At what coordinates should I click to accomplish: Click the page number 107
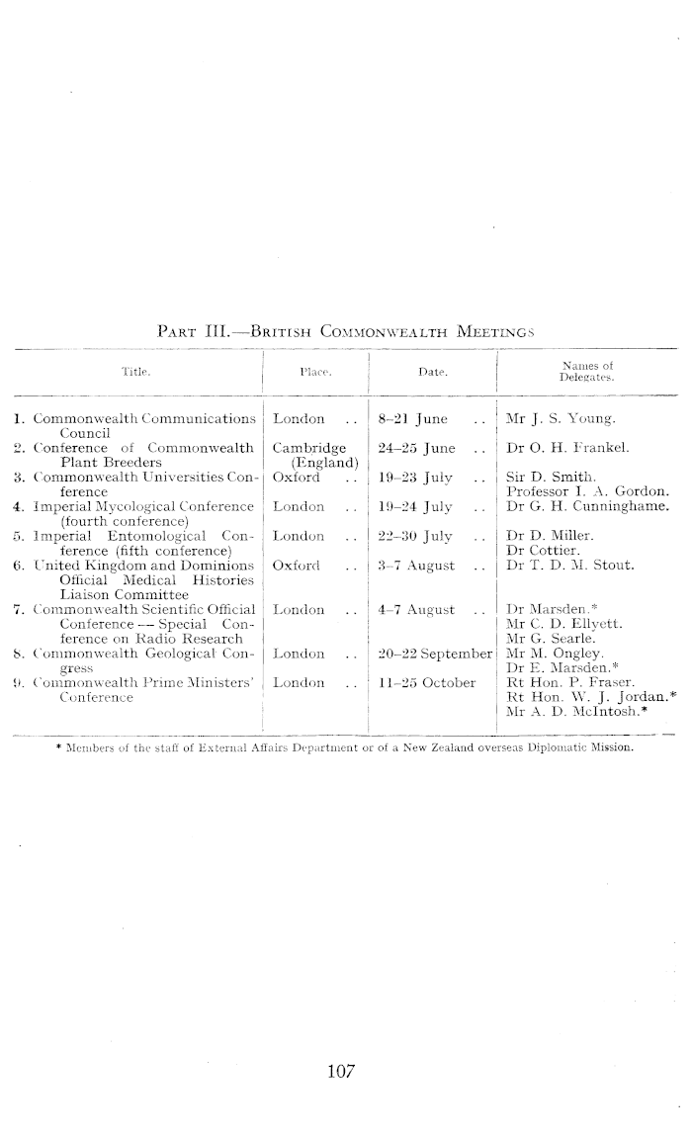pos(341,1070)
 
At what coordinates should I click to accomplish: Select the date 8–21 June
pos(413,419)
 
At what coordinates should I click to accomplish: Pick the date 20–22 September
pos(435,654)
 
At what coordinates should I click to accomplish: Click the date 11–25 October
pos(427,682)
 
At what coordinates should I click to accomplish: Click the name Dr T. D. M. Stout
pos(567,566)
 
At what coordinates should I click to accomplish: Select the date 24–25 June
pos(417,448)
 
